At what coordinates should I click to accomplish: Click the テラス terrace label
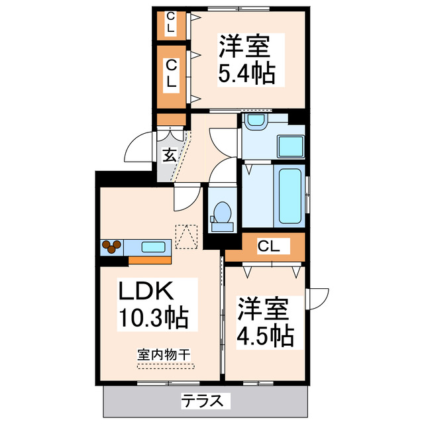(x=206, y=401)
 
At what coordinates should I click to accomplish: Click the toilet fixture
(x=222, y=216)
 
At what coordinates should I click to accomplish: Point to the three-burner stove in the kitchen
(x=111, y=247)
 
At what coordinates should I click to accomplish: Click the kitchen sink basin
(x=154, y=248)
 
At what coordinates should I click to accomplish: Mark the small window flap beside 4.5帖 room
(x=317, y=298)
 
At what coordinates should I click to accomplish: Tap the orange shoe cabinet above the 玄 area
(x=171, y=120)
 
